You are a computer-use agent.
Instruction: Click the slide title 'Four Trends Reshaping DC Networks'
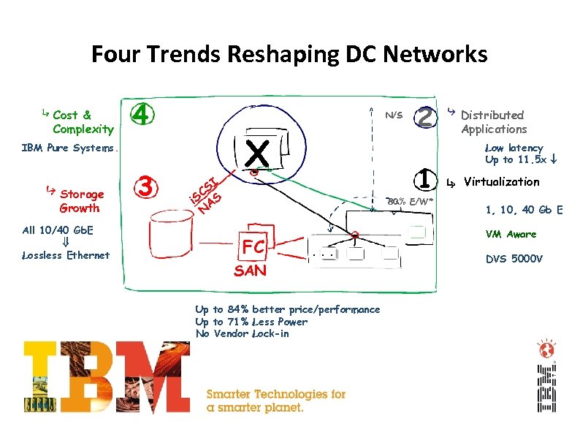pyautogui.click(x=289, y=54)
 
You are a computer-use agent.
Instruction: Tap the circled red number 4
pyautogui.click(x=143, y=115)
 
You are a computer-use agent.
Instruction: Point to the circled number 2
pyautogui.click(x=424, y=116)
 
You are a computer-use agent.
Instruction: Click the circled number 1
pyautogui.click(x=422, y=178)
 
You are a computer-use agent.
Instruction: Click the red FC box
pyautogui.click(x=253, y=246)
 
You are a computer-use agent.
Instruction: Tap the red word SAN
pyautogui.click(x=250, y=271)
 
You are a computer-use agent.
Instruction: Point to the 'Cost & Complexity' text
pyautogui.click(x=83, y=122)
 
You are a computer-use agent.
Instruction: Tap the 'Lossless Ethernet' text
pyautogui.click(x=66, y=255)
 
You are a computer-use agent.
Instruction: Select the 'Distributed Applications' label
pyautogui.click(x=493, y=122)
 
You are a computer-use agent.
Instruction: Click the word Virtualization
pyautogui.click(x=501, y=181)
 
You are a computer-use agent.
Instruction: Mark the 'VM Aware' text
pyautogui.click(x=511, y=234)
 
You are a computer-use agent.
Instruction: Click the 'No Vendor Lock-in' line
pyautogui.click(x=242, y=333)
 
